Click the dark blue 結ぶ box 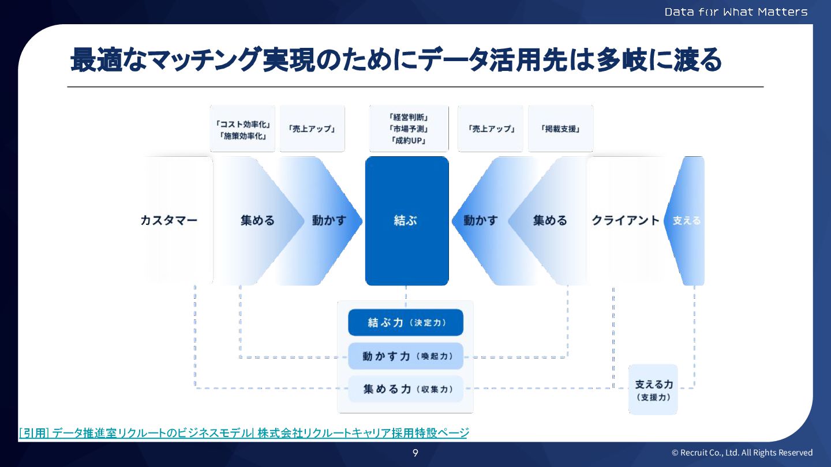coord(407,221)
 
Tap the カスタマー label coord(169,221)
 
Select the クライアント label coord(625,221)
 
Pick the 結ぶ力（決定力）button coord(406,322)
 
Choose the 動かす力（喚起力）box coord(406,356)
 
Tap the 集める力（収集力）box coord(406,389)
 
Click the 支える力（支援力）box coord(653,390)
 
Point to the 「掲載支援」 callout coord(560,129)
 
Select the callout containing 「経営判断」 coord(407,129)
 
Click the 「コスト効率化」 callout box coord(242,129)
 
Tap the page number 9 coord(415,453)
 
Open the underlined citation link coord(244,432)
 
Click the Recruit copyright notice coord(742,453)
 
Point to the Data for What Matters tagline coord(736,12)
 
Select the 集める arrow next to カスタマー coord(257,221)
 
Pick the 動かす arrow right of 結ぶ coord(480,221)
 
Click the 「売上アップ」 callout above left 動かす coord(312,129)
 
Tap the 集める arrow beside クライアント coord(549,221)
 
